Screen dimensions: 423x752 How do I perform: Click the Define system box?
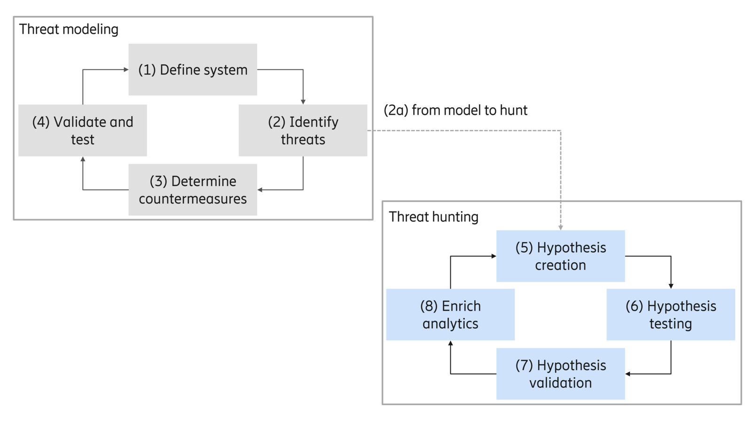(x=193, y=70)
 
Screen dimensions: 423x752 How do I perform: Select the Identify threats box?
(x=303, y=130)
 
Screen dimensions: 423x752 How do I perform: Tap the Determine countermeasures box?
(x=193, y=189)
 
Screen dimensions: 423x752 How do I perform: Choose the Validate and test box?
(x=83, y=130)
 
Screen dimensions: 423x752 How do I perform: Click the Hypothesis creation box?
(x=560, y=256)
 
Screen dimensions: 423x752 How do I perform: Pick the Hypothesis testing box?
(x=671, y=314)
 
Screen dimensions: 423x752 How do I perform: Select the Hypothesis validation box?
(x=560, y=374)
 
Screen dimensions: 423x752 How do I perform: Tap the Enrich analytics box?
(x=450, y=314)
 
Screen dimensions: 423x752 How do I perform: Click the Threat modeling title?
(x=69, y=29)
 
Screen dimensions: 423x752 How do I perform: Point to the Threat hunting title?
(x=433, y=217)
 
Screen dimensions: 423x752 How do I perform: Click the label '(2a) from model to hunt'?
(x=455, y=110)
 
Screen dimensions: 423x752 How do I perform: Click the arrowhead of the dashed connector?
(x=561, y=227)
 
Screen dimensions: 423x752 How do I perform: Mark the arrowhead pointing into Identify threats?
(x=303, y=102)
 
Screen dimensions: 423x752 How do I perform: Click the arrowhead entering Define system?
(x=125, y=70)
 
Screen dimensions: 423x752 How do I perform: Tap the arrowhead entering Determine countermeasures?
(x=260, y=190)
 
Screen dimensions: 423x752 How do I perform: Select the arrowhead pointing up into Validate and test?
(x=83, y=160)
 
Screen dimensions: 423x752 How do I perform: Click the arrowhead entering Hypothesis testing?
(x=671, y=286)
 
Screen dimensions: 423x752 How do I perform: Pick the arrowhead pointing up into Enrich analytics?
(x=450, y=344)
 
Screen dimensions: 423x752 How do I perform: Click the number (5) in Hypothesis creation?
(x=524, y=248)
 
